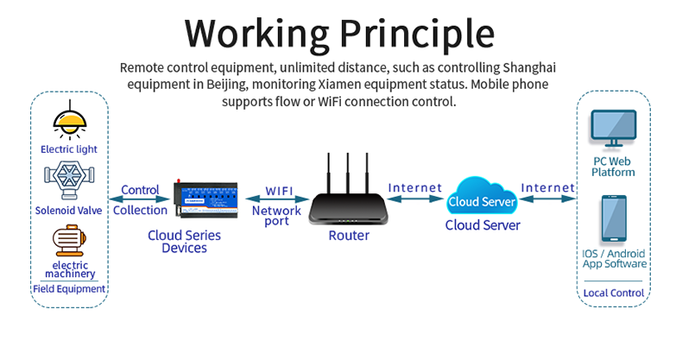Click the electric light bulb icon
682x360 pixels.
(x=69, y=120)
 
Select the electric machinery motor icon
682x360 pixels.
(x=69, y=238)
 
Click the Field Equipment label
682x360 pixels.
(x=69, y=289)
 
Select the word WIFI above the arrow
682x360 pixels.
(x=278, y=190)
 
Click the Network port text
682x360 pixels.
(x=276, y=217)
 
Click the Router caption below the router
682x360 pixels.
(x=349, y=236)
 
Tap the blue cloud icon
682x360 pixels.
(x=482, y=199)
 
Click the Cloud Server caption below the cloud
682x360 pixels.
(x=483, y=225)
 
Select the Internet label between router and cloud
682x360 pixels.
(x=415, y=187)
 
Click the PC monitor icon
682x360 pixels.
(x=614, y=129)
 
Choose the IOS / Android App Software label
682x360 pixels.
(x=614, y=259)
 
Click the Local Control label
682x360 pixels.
(x=614, y=293)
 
